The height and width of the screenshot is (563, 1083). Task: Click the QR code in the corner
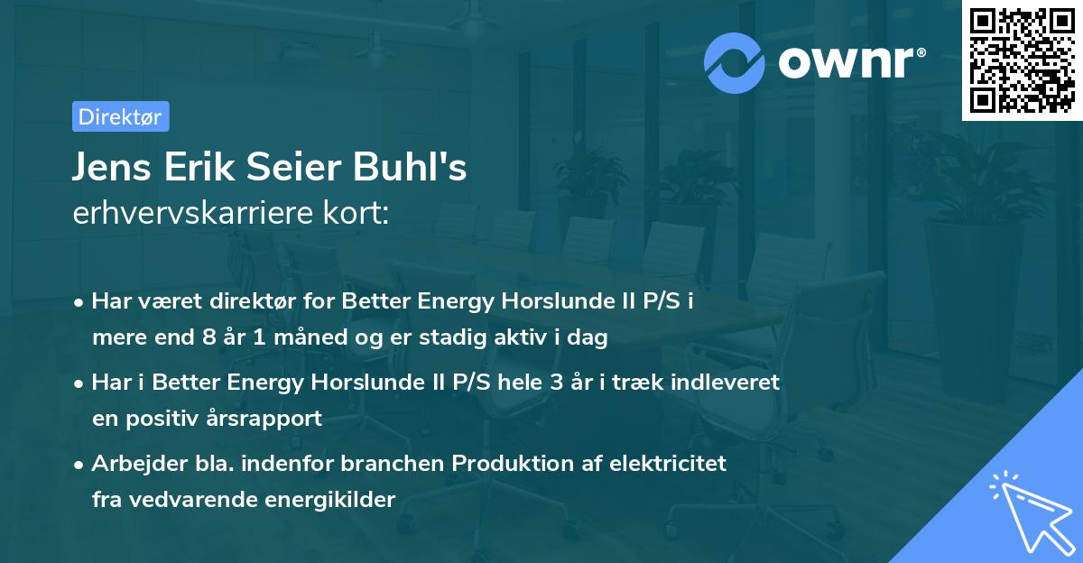click(x=1022, y=60)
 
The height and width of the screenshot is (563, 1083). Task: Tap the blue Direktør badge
click(x=120, y=116)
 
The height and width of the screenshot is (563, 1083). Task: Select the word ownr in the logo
click(x=848, y=62)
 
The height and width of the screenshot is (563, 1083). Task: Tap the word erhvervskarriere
click(x=194, y=215)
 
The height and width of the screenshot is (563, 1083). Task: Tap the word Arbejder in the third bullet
click(x=135, y=464)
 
